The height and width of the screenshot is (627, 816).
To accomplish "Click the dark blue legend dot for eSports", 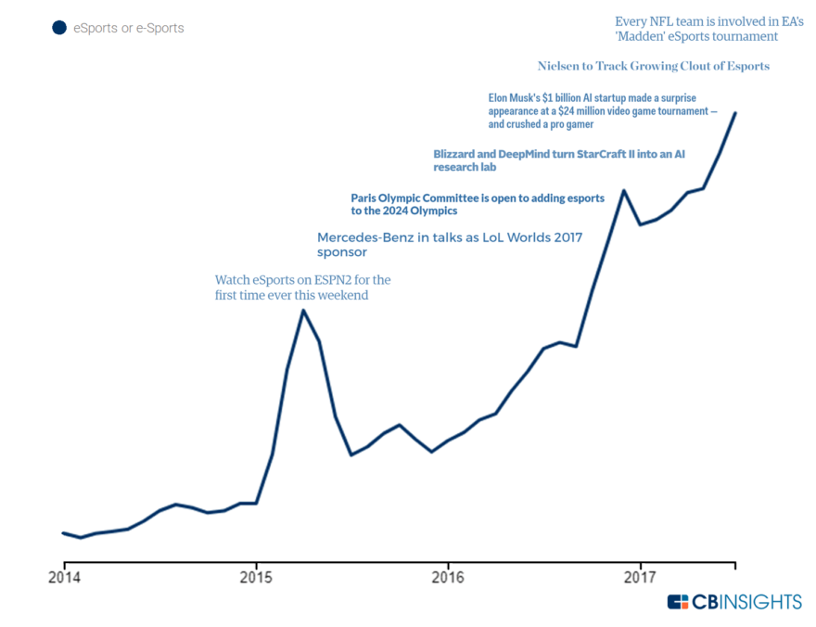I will [59, 28].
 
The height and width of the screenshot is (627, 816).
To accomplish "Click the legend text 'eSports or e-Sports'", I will [129, 28].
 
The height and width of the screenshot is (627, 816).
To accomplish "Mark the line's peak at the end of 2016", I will [624, 190].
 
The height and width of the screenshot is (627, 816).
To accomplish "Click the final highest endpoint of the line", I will [735, 113].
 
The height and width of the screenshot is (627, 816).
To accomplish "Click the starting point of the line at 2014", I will [64, 533].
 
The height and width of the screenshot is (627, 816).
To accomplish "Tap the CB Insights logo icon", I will [678, 602].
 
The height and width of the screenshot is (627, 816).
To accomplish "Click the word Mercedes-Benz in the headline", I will [365, 237].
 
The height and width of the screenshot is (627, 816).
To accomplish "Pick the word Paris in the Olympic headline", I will [365, 198].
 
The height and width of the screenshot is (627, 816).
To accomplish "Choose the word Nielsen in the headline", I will [557, 66].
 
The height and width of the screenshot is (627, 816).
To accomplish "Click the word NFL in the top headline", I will [661, 20].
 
